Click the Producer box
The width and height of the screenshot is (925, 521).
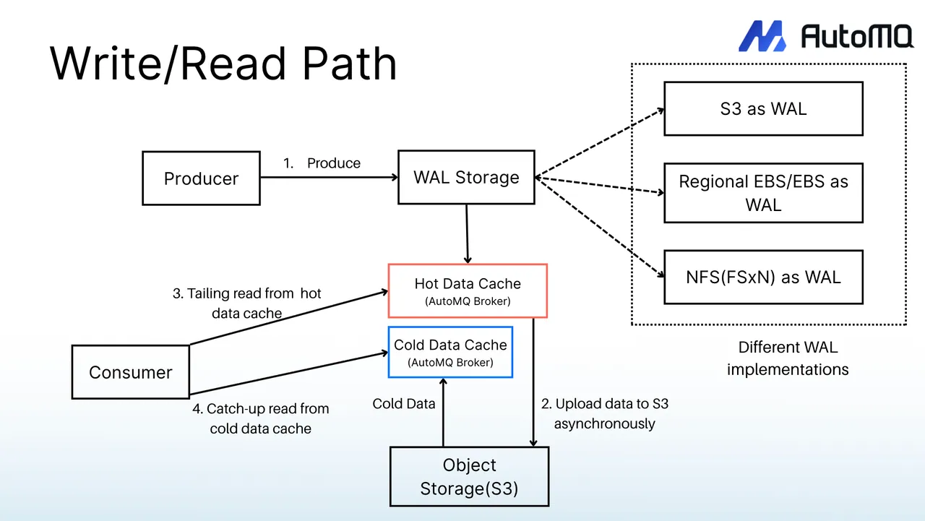click(x=201, y=178)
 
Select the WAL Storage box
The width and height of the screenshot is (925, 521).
click(x=466, y=178)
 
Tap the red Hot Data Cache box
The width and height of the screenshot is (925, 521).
click(x=468, y=291)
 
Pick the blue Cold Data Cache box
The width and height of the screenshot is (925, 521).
click(x=450, y=352)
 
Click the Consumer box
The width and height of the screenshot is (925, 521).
click(x=130, y=371)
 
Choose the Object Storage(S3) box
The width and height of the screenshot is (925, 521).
click(x=469, y=476)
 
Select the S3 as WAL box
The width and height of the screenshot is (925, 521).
click(x=763, y=109)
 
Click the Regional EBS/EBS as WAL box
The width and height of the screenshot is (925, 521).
click(x=763, y=193)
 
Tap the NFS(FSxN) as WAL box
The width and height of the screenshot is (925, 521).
click(x=763, y=277)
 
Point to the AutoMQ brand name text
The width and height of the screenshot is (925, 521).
click(x=857, y=35)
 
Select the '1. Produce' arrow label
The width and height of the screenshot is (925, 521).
click(x=322, y=163)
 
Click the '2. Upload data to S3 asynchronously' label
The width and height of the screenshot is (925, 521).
click(x=605, y=413)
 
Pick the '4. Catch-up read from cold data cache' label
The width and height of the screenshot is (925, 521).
click(x=260, y=418)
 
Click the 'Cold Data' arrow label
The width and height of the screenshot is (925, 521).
click(x=404, y=403)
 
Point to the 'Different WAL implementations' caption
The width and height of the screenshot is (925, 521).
click(x=788, y=358)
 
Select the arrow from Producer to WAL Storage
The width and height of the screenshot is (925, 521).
click(x=329, y=178)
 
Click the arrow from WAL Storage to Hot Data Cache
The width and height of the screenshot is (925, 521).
click(x=468, y=234)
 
